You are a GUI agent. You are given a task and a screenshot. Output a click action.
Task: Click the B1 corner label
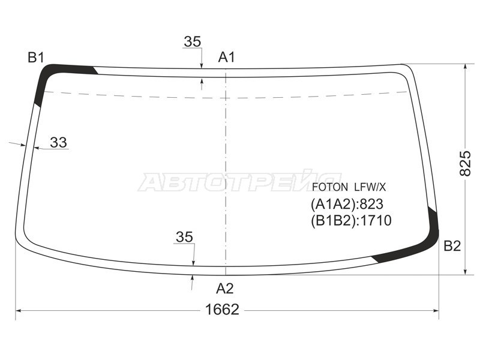pos(36,58)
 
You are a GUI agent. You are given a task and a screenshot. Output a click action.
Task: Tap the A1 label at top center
pos(227,57)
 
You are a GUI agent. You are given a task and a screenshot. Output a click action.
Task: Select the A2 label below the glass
pos(224,289)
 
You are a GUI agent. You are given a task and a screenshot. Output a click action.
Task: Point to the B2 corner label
pos(452,246)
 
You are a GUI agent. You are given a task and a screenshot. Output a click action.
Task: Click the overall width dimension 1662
pos(222,310)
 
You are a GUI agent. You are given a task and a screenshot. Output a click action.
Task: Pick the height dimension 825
pos(466,163)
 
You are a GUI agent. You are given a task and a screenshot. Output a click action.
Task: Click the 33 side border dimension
pos(58,142)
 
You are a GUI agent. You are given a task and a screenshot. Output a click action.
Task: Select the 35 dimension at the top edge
pos(193,41)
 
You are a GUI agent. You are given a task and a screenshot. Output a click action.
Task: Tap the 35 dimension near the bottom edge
pos(185,237)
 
